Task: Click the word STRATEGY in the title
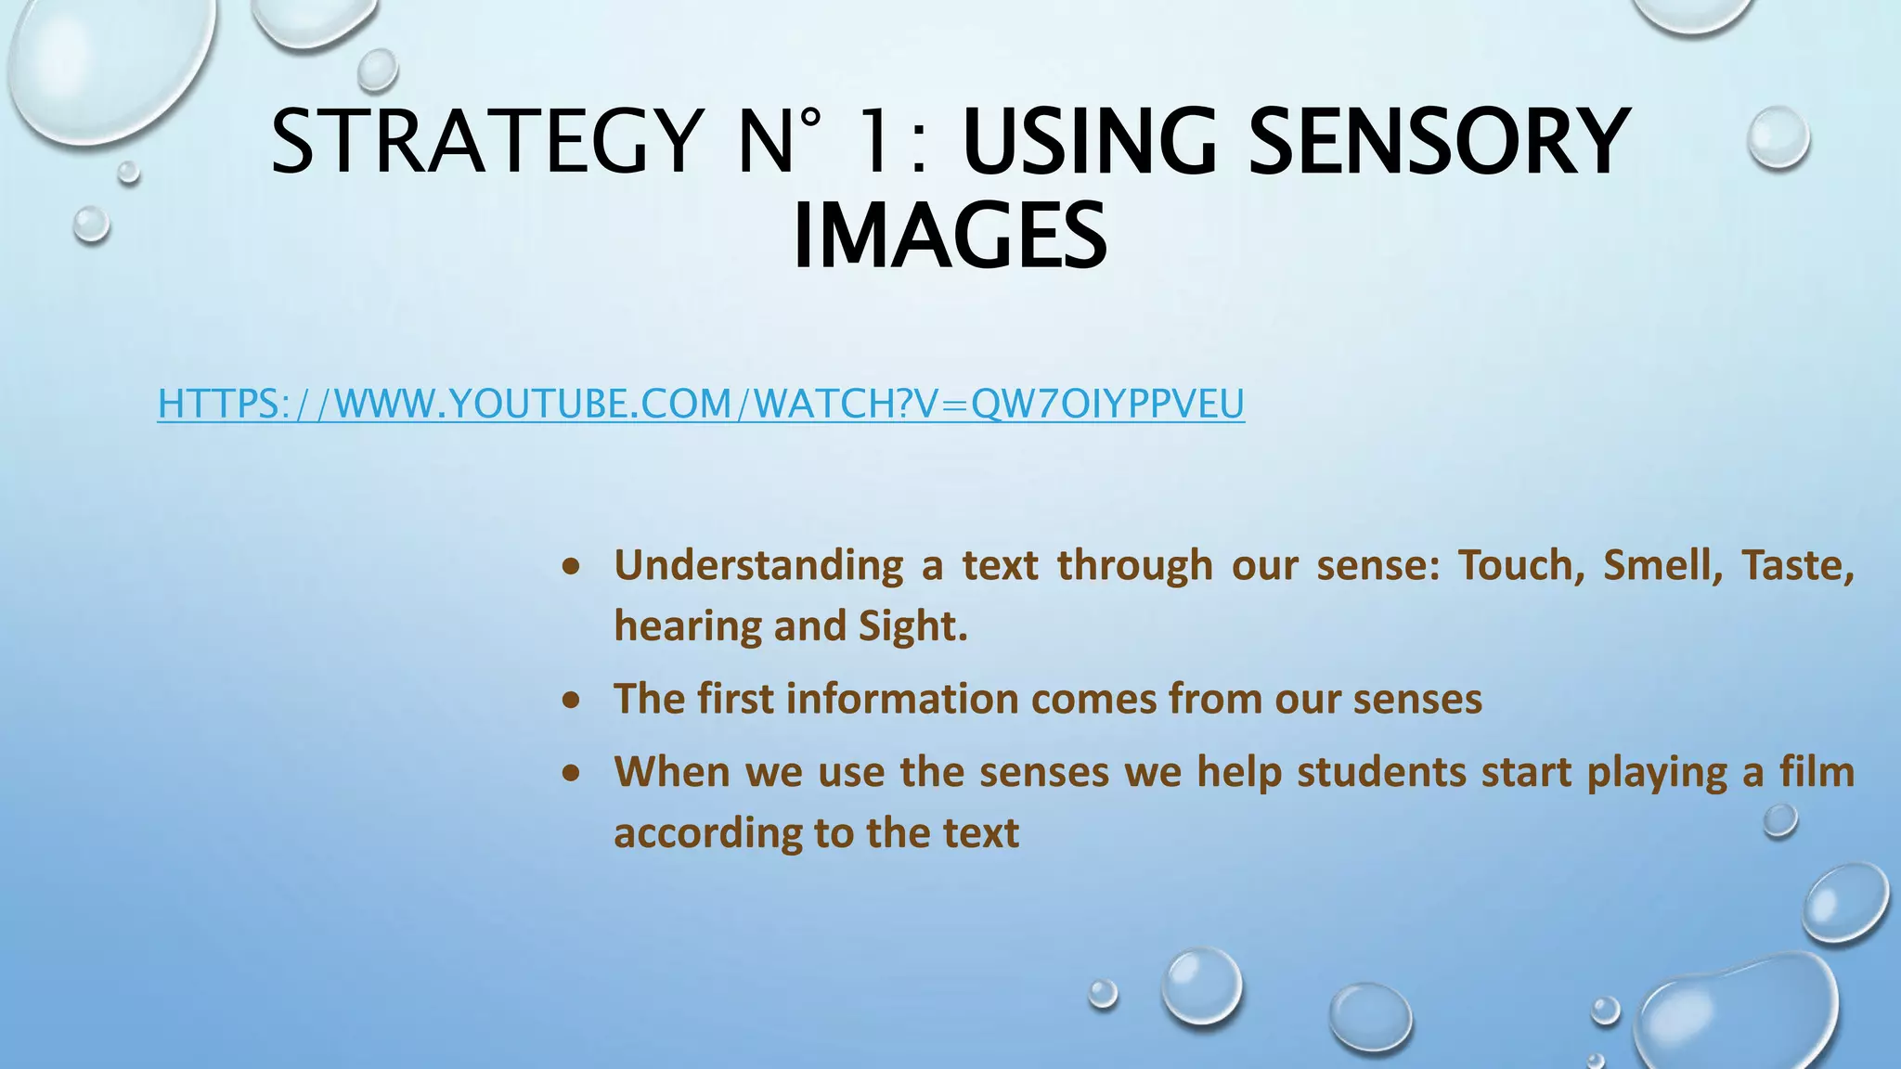coord(487,141)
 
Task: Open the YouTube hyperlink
coord(701,405)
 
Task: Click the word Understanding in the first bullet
coord(758,565)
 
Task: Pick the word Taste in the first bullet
coord(1797,565)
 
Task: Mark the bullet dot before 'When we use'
coord(572,773)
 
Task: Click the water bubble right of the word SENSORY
coord(1778,137)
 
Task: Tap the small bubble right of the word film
coord(1779,820)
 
